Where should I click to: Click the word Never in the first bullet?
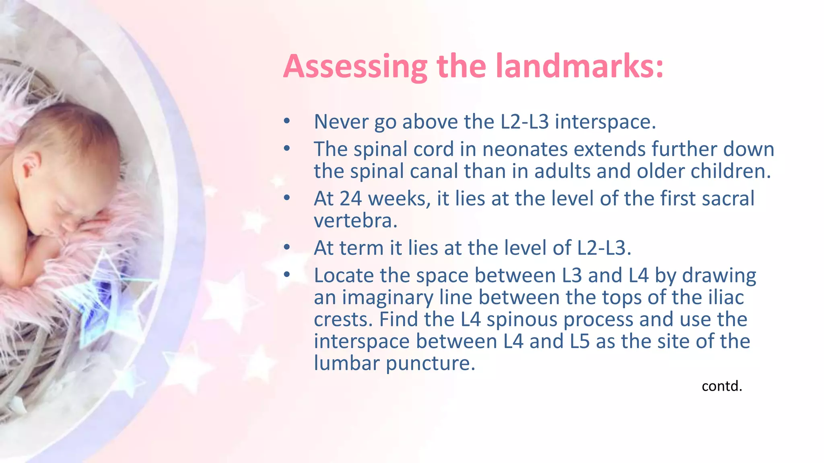(x=340, y=122)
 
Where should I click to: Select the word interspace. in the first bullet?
(x=605, y=122)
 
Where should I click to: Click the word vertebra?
(x=356, y=221)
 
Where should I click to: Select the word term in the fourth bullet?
(x=364, y=248)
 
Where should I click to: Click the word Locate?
(x=344, y=276)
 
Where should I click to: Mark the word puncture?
(x=431, y=364)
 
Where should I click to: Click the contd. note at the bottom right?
(x=721, y=386)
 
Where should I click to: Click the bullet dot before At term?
(x=286, y=248)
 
